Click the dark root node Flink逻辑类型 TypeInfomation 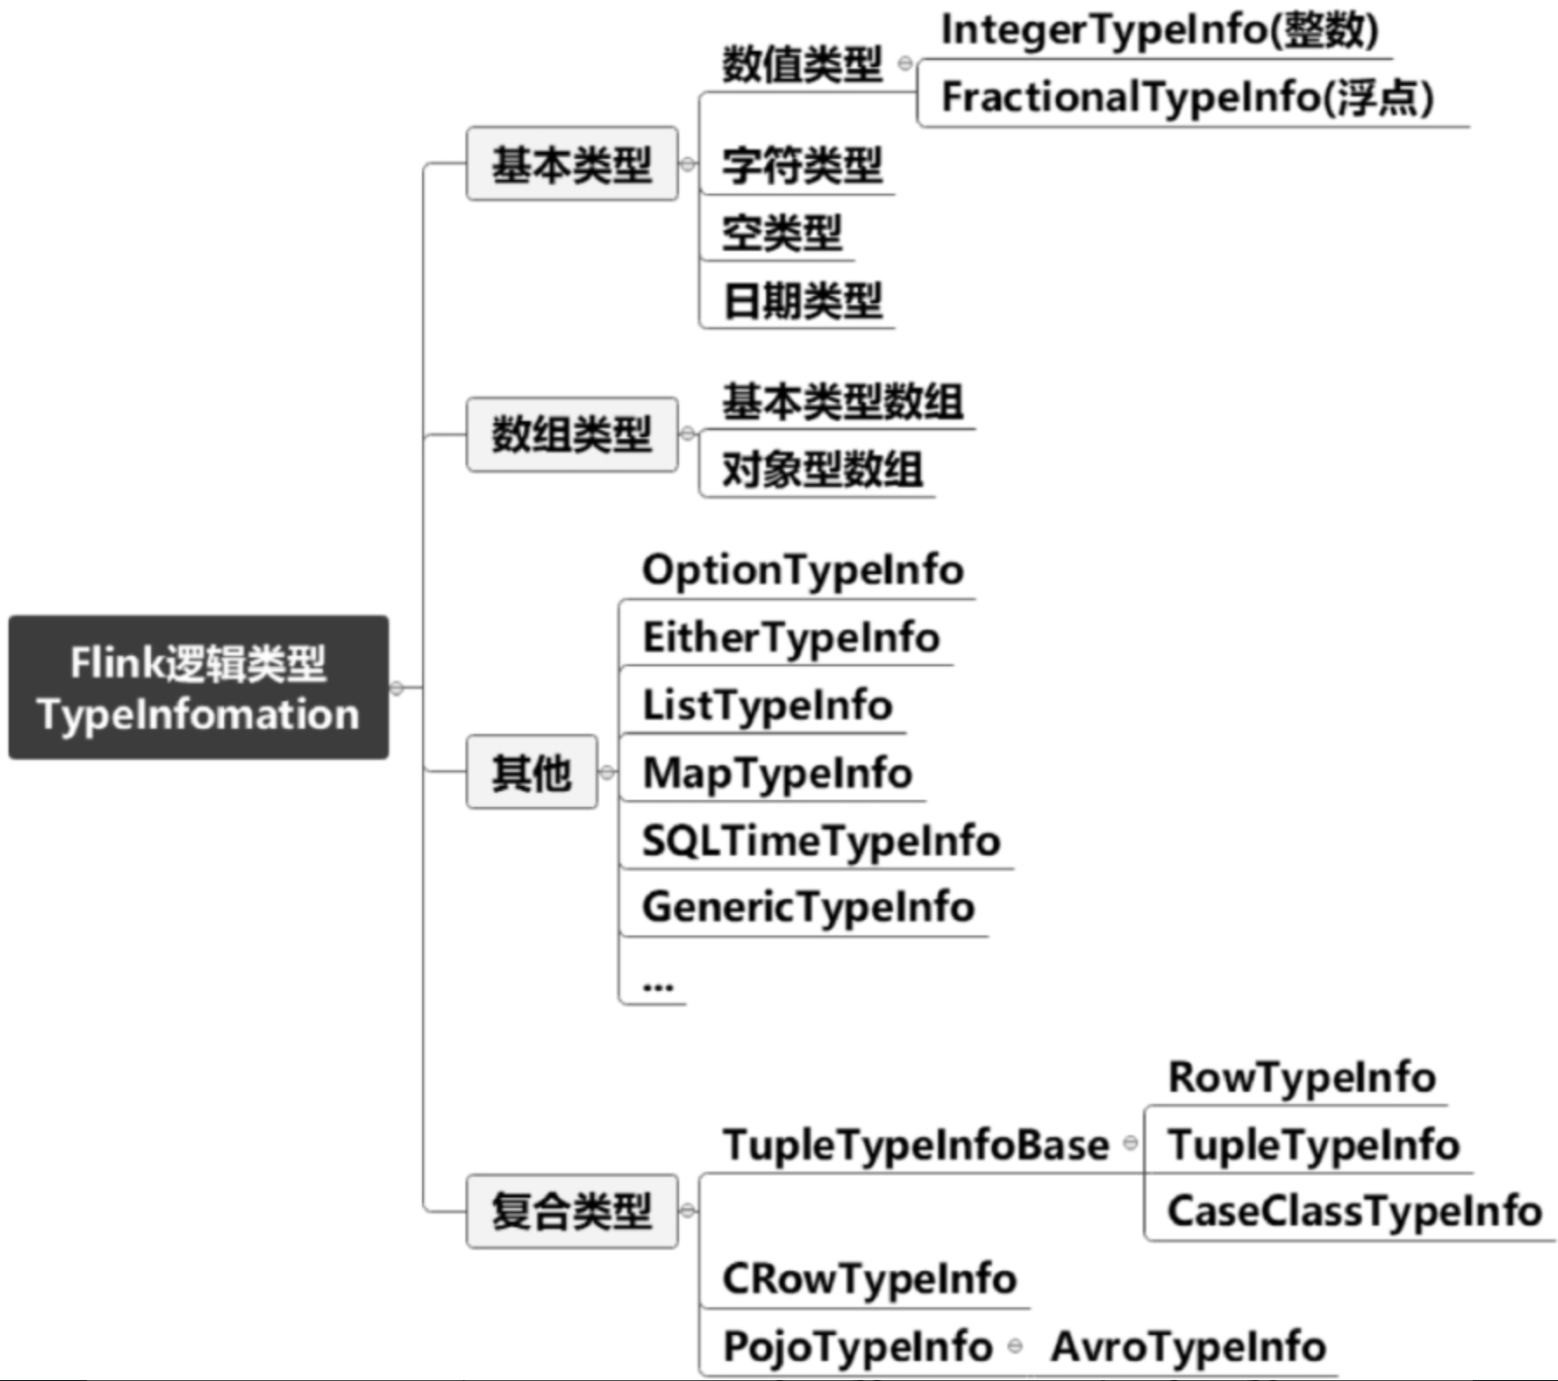point(199,687)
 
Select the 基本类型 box point(572,164)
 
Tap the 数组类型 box point(572,434)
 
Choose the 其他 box point(531,772)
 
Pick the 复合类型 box point(572,1211)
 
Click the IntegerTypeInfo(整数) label point(1159,30)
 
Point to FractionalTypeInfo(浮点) point(1187,97)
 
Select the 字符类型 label point(802,165)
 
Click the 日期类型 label point(802,301)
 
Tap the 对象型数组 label point(822,470)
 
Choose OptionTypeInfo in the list point(803,571)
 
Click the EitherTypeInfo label point(791,638)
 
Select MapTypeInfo point(777,773)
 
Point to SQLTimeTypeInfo point(822,841)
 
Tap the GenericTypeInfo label point(809,908)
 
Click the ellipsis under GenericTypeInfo point(658,987)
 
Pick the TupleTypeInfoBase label point(916,1145)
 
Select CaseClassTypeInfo point(1355,1212)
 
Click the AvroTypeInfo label point(1189,1347)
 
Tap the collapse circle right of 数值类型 point(905,63)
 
